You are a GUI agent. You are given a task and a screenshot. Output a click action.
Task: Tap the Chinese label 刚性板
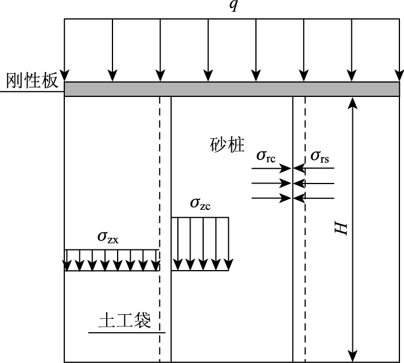point(32,81)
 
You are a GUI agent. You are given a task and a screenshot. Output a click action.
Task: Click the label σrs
point(320,156)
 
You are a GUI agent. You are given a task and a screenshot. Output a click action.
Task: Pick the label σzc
point(200,205)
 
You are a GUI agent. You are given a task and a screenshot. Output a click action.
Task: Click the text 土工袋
point(125,320)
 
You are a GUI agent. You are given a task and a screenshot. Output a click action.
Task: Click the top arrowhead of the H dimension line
point(353,103)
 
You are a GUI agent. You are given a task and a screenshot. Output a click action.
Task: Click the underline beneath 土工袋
point(127,333)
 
